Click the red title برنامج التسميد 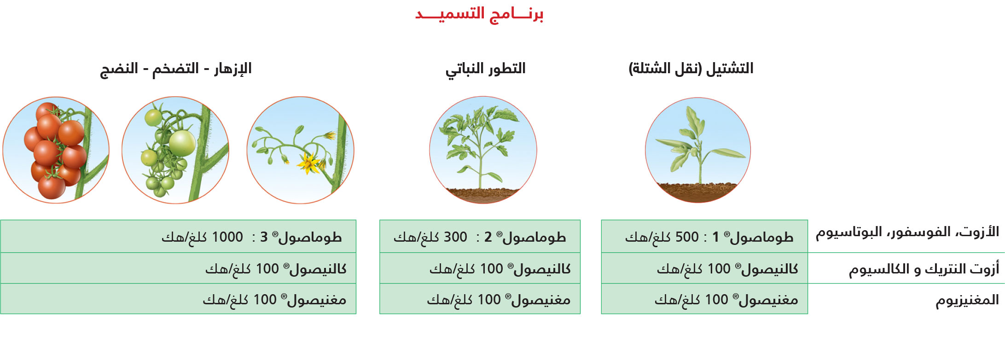479,13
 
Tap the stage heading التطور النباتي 485,69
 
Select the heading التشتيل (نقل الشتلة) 691,69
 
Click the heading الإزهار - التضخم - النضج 176,69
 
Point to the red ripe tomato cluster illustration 56,150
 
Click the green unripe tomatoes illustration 175,150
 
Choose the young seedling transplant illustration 698,150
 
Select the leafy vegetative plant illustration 483,150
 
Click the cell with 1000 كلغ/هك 178,236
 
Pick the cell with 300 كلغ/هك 480,236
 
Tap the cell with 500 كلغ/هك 704,236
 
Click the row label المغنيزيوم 967,300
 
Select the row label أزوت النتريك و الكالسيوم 924,269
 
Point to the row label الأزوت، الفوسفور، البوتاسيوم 907,232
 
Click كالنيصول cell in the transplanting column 704,268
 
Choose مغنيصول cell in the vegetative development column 480,299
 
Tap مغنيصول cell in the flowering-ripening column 178,299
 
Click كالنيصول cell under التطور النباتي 480,268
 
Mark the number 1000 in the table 227,237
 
